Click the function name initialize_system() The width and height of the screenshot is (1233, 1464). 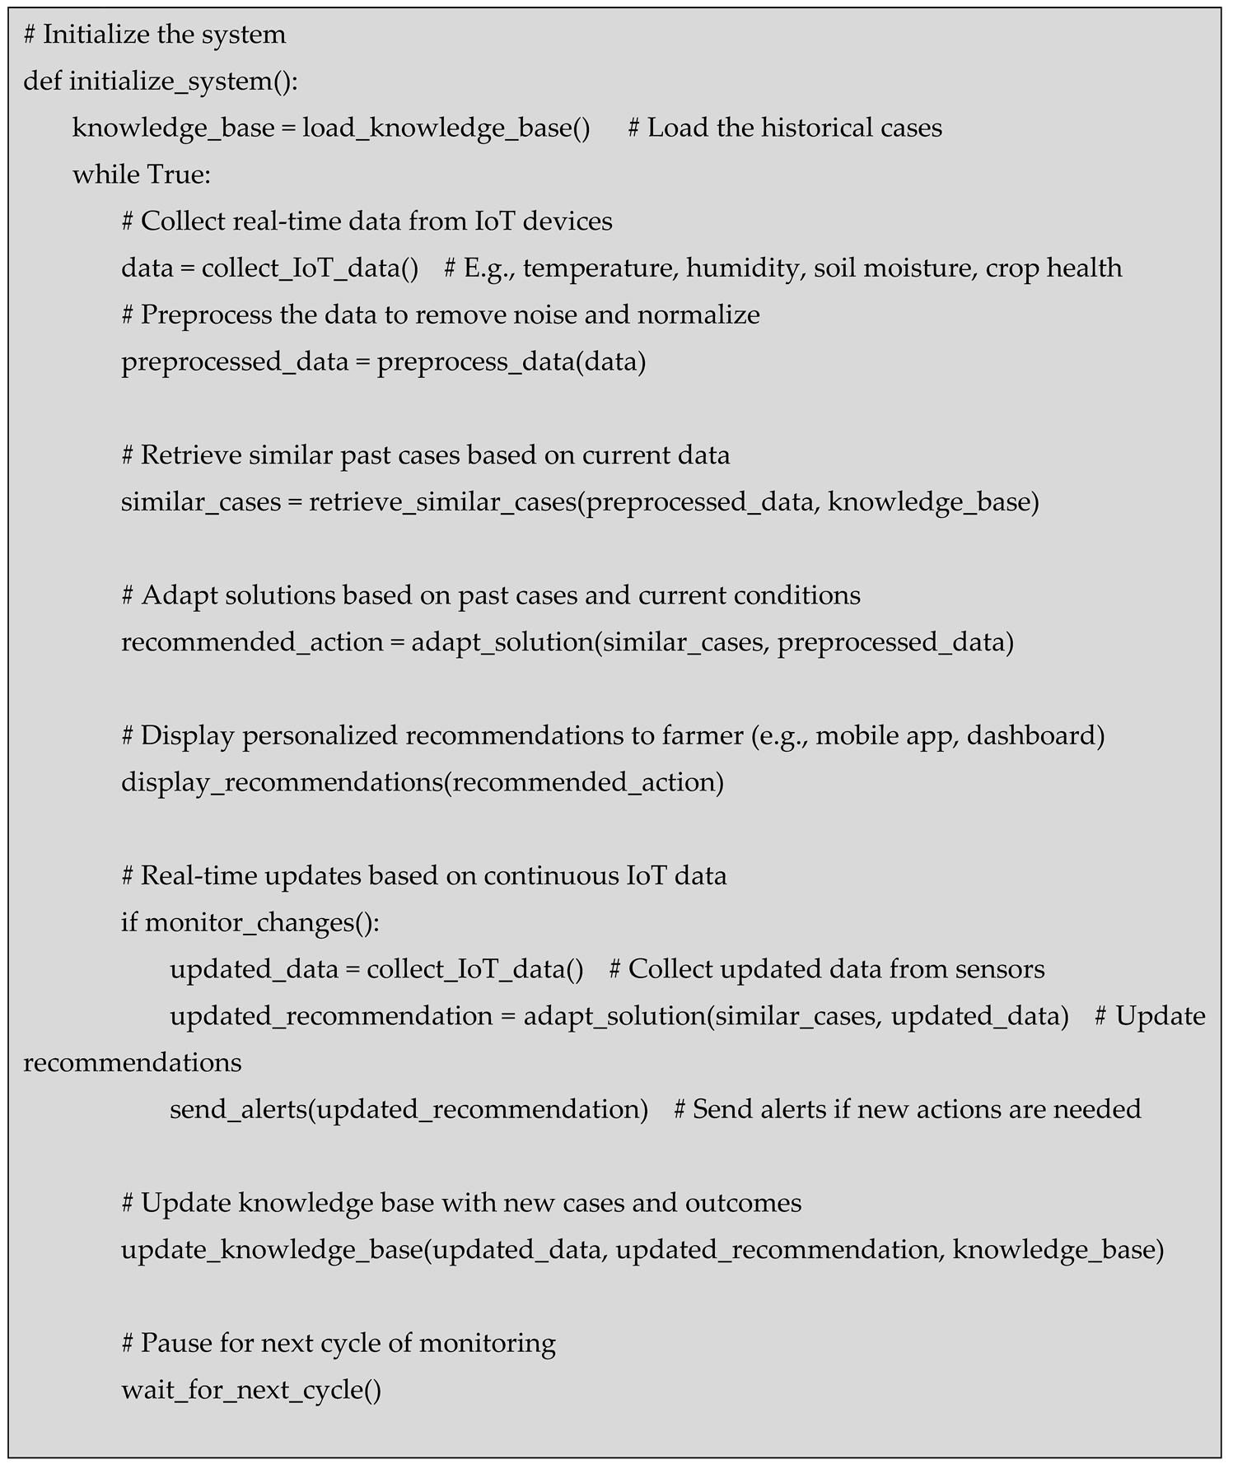click(183, 82)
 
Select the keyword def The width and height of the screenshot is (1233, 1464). click(41, 82)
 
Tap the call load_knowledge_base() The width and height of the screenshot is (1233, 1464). click(446, 128)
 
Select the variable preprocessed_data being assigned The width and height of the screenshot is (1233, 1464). click(234, 362)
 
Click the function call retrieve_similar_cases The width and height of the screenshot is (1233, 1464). click(441, 502)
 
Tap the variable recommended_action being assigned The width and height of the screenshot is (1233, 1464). click(251, 642)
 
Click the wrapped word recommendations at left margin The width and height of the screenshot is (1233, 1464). click(132, 1063)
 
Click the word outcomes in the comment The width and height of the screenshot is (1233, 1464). click(743, 1204)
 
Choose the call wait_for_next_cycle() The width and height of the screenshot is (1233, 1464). click(251, 1391)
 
